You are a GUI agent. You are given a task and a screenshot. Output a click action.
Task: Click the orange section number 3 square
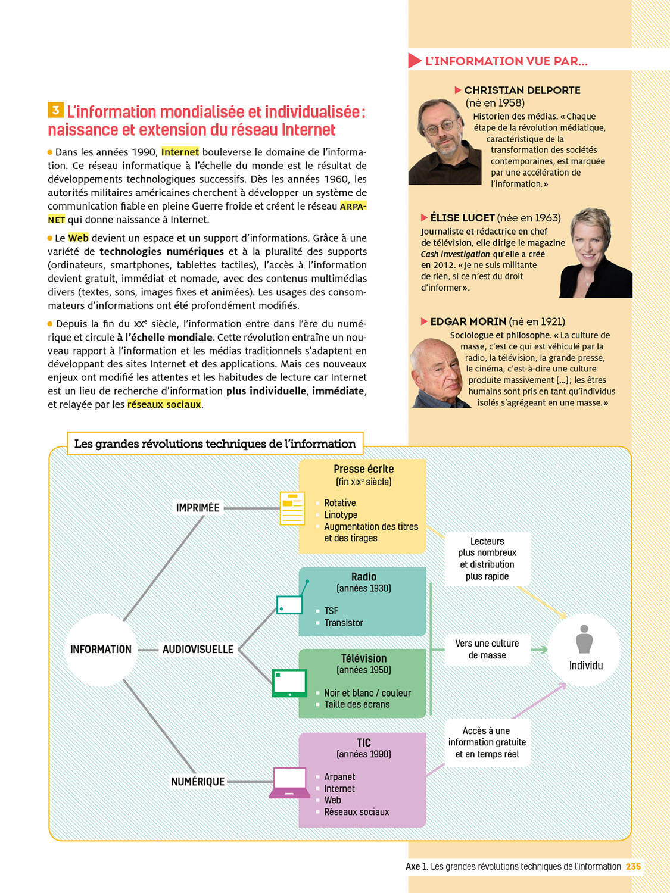tap(55, 110)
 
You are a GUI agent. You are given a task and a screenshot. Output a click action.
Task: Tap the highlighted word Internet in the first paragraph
tap(180, 152)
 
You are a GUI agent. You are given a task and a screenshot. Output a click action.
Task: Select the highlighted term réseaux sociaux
tap(164, 404)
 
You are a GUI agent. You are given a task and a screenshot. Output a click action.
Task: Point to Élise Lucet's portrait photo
tap(595, 253)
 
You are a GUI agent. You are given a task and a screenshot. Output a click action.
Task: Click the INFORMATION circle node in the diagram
tap(101, 650)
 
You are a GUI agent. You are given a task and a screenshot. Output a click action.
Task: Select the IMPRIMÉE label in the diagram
tap(198, 508)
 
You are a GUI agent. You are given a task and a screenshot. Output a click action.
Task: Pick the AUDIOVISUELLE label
tap(198, 650)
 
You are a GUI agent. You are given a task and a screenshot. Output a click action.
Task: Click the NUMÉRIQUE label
tap(198, 782)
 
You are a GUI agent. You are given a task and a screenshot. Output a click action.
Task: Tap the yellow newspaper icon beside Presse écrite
tap(292, 508)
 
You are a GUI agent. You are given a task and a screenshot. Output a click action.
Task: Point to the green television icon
tap(289, 683)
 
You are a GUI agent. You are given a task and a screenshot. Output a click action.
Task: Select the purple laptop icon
tap(289, 782)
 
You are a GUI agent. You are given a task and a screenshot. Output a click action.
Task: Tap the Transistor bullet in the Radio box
tap(343, 623)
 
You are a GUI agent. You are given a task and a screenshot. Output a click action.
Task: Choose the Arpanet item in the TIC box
tap(339, 777)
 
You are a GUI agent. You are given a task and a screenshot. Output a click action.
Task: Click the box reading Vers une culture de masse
tap(487, 650)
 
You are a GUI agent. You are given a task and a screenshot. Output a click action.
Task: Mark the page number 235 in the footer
tap(633, 867)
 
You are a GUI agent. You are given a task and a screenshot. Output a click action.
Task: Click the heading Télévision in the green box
tap(363, 658)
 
